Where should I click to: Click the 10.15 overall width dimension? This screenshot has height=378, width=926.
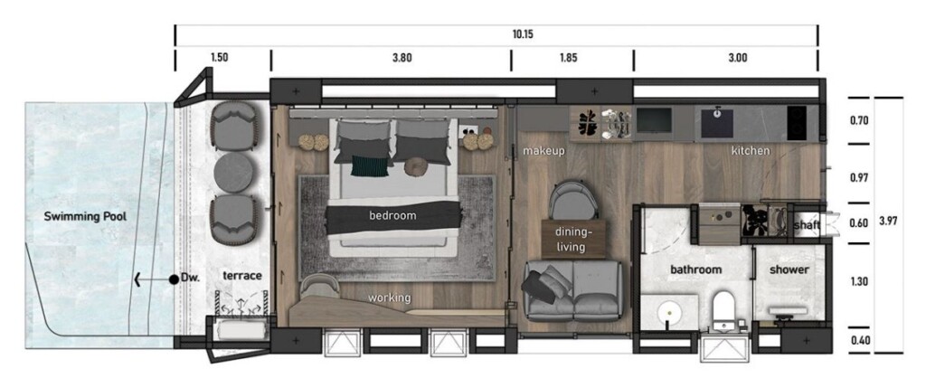coord(523,34)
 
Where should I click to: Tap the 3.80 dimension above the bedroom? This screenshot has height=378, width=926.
coord(402,58)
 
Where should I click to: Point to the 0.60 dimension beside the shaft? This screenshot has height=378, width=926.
coord(858,223)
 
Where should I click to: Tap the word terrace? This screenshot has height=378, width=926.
coord(242,276)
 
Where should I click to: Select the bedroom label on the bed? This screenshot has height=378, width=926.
coord(392,215)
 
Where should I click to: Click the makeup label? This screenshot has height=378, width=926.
coord(543,151)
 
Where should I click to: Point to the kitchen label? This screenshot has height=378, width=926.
coord(751,151)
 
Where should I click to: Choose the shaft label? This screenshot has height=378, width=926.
coord(806,225)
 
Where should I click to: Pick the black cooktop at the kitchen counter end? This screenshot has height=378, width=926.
coord(797,123)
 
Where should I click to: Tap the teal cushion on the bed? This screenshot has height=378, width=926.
coord(370,166)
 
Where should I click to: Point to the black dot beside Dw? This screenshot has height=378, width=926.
coord(174,279)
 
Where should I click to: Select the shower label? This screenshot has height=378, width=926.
coord(789,269)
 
